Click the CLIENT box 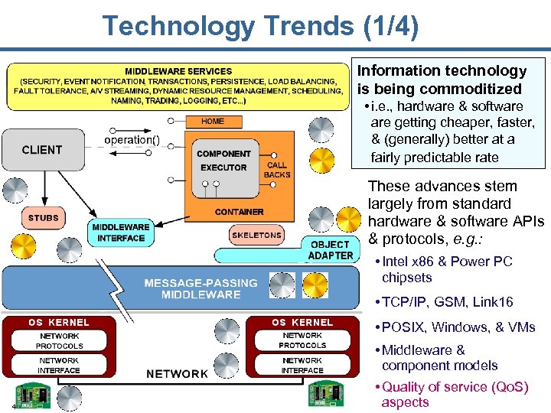coord(42,149)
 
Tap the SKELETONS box coord(256,236)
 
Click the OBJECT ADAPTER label coord(331,250)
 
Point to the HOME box coord(213,121)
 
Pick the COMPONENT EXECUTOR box coord(223,161)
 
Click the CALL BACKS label coord(277,170)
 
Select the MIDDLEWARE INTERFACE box coord(120,233)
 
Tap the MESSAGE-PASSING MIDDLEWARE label coord(192,288)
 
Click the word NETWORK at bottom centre coord(177,373)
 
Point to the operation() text coord(132,140)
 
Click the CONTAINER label coord(239,212)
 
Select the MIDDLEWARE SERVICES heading coord(178,72)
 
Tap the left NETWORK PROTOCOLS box coord(59,341)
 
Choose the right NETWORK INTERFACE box coord(302,366)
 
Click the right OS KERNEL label coord(302,322)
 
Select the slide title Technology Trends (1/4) coord(261,27)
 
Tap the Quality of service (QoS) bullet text coord(455,395)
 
